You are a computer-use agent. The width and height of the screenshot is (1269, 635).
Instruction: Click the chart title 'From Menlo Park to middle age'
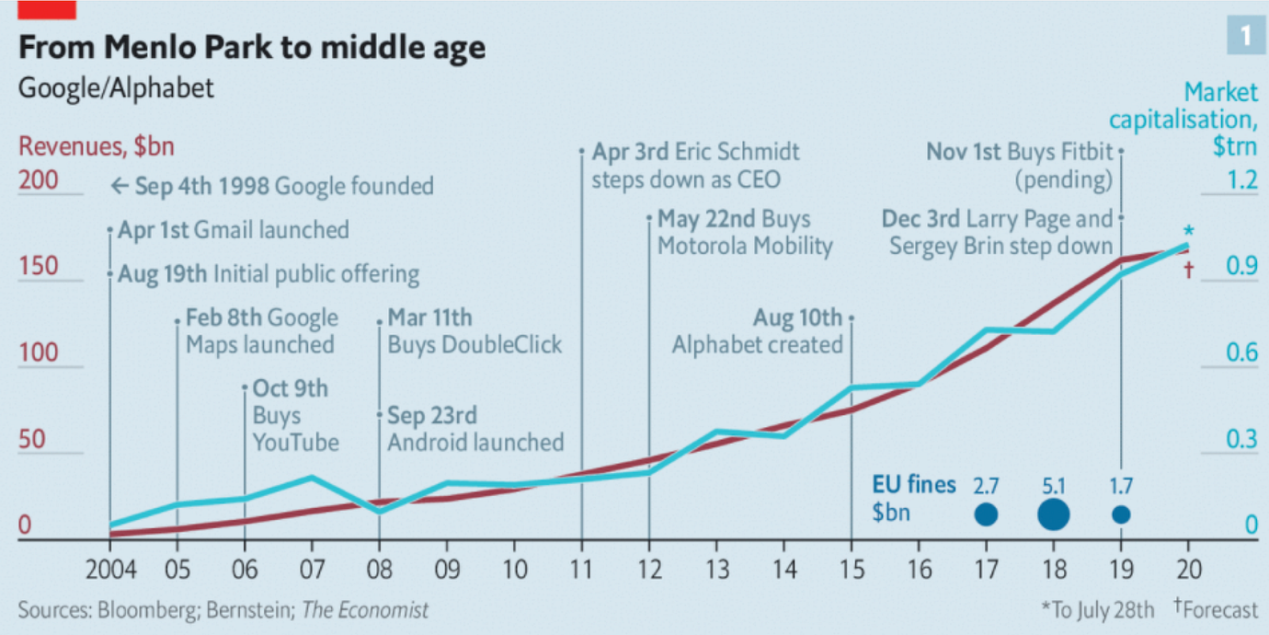(x=252, y=47)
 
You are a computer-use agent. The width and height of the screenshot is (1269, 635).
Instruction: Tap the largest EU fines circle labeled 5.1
(x=1053, y=514)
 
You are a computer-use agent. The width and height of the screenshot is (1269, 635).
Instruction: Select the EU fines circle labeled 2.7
(x=986, y=514)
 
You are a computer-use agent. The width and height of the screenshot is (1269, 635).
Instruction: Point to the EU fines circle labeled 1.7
(x=1121, y=514)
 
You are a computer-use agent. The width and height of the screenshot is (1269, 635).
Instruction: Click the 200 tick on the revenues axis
(x=39, y=180)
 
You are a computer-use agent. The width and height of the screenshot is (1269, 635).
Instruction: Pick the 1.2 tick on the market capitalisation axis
(x=1241, y=180)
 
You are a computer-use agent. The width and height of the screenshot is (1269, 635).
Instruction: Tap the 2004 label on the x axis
(x=111, y=570)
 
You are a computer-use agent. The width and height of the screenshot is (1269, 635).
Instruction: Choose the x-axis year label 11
(x=581, y=570)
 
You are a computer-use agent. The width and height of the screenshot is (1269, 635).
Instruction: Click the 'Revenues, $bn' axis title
(x=97, y=146)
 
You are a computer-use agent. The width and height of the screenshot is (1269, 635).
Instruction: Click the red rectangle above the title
(x=47, y=9)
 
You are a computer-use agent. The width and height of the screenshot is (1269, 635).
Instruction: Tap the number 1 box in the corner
(x=1246, y=36)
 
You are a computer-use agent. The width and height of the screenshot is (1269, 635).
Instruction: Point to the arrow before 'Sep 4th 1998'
(x=120, y=185)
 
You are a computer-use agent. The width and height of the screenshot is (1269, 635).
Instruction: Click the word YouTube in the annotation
(x=296, y=443)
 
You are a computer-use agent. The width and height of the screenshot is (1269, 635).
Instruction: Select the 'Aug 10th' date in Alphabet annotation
(x=797, y=317)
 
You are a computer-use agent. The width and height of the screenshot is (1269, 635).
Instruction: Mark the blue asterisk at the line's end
(x=1189, y=231)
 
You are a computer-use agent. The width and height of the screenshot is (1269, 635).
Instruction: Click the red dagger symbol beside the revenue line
(x=1189, y=270)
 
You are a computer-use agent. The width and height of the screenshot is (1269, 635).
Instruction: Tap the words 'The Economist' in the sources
(x=365, y=610)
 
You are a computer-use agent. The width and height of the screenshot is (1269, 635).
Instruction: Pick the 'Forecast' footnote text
(x=1219, y=610)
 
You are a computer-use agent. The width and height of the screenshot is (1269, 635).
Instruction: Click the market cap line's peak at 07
(x=312, y=478)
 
